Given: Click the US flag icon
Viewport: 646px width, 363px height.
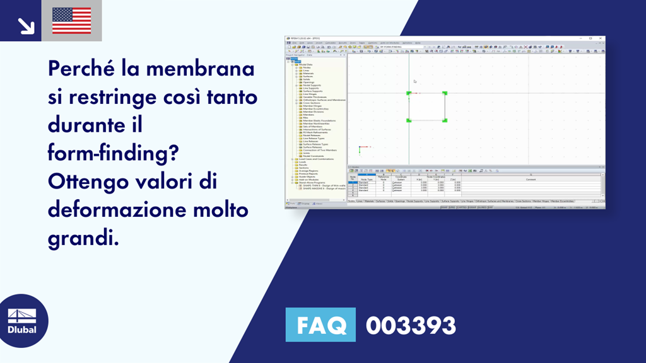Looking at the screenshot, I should point(71,20).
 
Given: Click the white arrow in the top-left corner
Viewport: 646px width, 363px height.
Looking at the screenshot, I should point(26,25).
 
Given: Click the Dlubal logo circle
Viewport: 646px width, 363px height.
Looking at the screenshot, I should point(24,321).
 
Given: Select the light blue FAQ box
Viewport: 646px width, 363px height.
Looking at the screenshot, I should point(320,325).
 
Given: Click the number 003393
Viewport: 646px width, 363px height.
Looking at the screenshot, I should point(411,325).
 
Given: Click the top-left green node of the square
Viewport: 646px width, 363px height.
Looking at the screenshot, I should point(409,93).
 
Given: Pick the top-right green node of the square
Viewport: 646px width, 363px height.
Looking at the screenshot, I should point(445,93).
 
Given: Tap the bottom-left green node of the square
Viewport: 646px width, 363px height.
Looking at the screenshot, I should point(409,120).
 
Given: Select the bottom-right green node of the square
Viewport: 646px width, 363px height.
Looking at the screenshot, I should point(445,120).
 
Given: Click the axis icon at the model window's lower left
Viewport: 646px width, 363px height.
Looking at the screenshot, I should point(361,149).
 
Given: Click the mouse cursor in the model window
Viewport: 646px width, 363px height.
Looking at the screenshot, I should point(414,81).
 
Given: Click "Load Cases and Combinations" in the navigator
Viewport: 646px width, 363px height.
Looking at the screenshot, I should point(316,159).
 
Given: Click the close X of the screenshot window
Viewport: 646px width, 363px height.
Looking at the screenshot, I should point(602,39).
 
